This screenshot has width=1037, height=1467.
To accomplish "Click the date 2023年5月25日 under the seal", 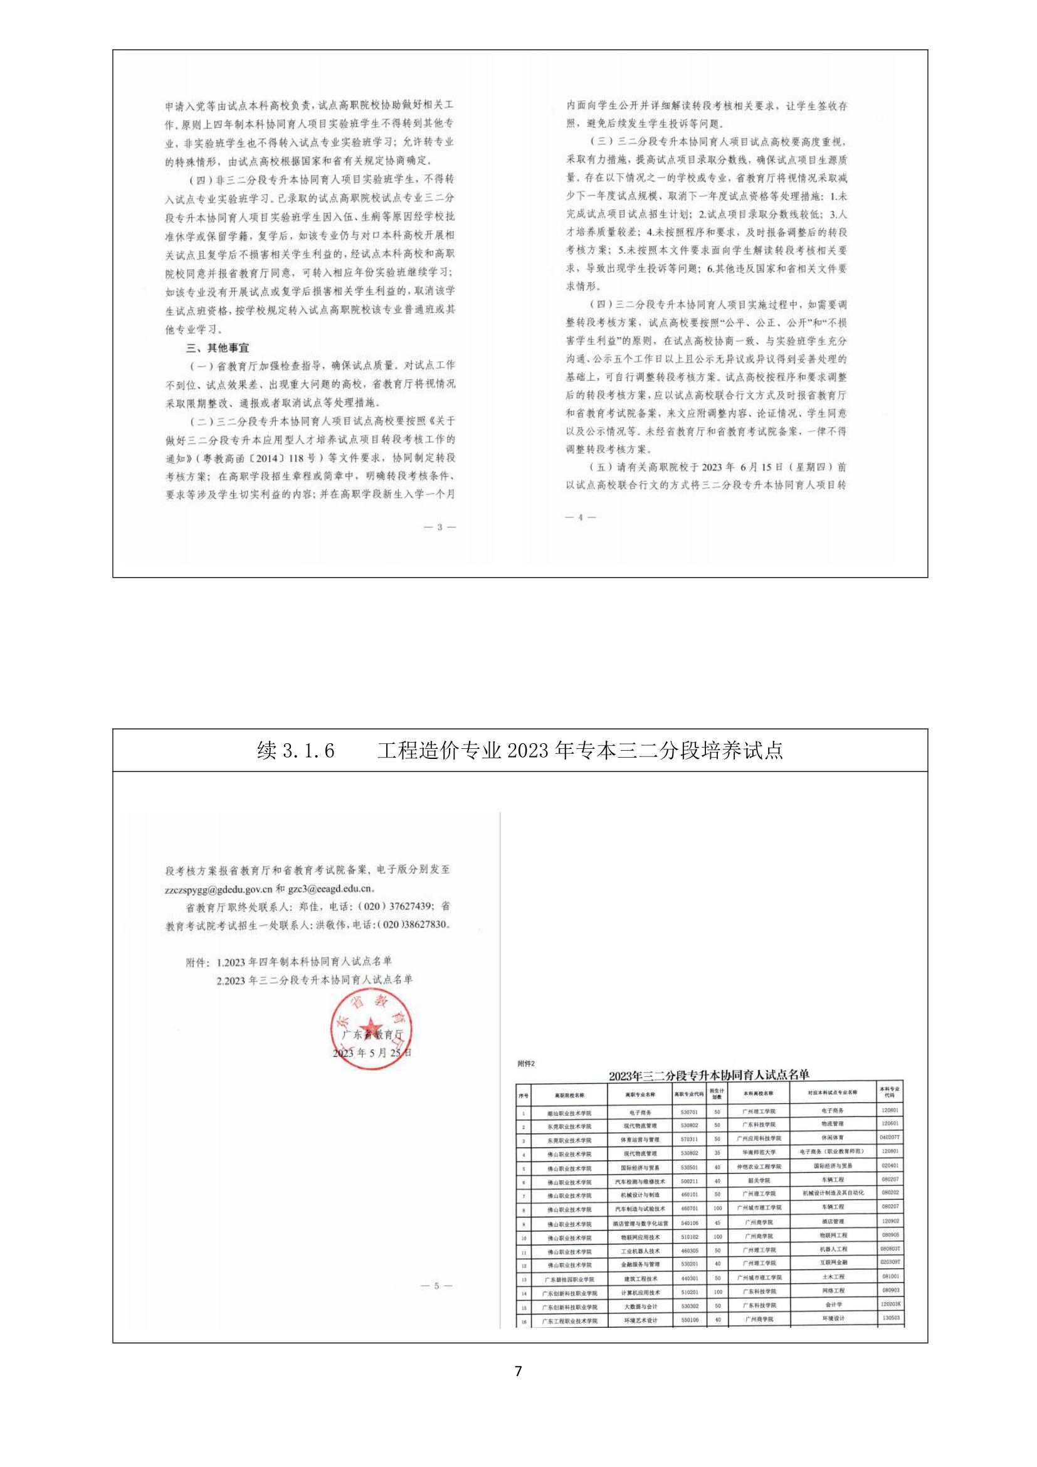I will click(x=372, y=1052).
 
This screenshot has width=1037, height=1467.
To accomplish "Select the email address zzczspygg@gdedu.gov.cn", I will click(x=219, y=888).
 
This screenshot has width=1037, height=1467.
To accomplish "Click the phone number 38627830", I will click(x=425, y=925).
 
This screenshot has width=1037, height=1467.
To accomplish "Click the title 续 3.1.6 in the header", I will click(x=297, y=751).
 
